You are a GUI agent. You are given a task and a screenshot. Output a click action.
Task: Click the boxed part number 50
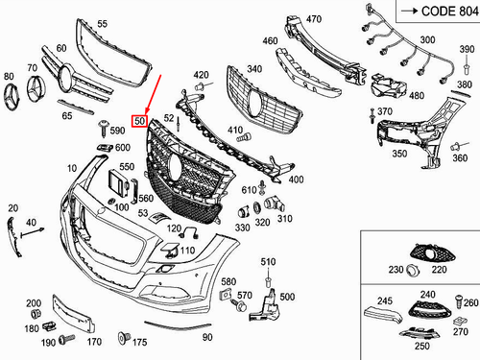coord(139,121)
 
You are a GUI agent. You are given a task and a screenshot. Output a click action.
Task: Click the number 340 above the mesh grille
coord(254,69)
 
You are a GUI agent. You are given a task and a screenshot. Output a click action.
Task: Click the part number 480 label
coord(416,96)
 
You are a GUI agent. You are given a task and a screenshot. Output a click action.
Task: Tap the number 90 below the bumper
coord(206,338)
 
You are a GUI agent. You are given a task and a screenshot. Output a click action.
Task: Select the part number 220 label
coord(441,271)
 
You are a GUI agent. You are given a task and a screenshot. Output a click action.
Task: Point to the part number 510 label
coord(269,260)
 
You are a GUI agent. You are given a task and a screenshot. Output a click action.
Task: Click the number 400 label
coord(296,180)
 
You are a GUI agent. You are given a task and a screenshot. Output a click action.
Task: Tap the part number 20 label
coord(12,208)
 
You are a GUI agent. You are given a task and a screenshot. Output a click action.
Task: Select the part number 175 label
coord(139,341)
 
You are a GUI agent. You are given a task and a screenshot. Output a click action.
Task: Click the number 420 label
coord(201,74)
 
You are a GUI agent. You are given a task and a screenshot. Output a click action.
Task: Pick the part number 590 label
coord(117,130)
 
